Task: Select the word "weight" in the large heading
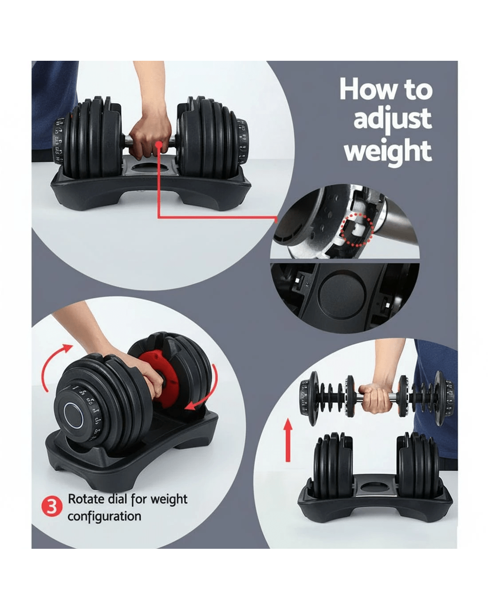[388, 152]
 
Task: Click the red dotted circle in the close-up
[357, 230]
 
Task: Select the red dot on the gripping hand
[159, 145]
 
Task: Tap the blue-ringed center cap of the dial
[73, 416]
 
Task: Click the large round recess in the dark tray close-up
[342, 292]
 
